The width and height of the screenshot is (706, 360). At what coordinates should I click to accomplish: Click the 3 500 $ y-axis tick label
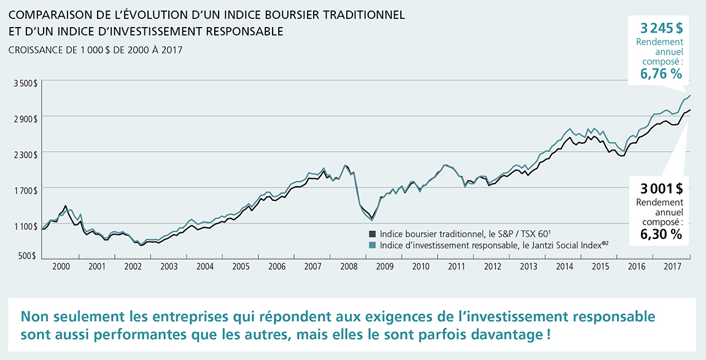point(26,82)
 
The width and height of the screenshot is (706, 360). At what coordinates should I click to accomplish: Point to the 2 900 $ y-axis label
point(26,118)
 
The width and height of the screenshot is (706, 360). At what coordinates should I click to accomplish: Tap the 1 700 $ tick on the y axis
point(26,190)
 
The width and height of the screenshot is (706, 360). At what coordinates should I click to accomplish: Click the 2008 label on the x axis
point(349,267)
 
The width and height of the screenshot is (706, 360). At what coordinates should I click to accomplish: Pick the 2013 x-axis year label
point(529,267)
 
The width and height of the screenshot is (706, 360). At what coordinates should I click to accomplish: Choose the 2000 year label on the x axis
point(61,267)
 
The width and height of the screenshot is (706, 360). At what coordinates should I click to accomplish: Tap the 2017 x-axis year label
point(673,267)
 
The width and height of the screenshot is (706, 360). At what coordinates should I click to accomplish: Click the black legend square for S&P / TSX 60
point(372,234)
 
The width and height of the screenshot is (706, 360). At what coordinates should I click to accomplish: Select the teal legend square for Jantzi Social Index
point(372,245)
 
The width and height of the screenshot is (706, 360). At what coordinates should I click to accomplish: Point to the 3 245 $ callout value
point(661,28)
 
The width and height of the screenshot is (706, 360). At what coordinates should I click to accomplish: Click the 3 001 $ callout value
point(661,189)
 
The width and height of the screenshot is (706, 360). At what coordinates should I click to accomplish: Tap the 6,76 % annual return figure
point(661,74)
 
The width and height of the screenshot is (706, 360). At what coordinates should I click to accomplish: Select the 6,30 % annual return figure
point(661,234)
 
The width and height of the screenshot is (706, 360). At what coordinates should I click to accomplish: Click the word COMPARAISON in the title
point(48,15)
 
